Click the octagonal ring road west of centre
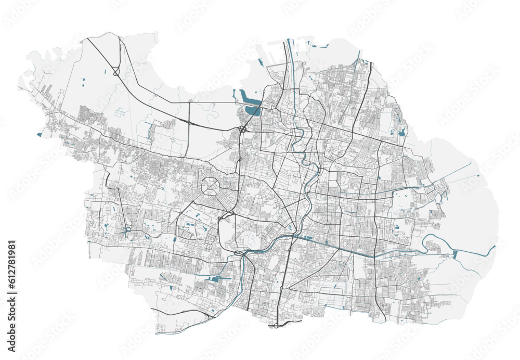coord(212,186)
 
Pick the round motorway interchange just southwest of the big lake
coord(242,129)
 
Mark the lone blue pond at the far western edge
coord(39,135)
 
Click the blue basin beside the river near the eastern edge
coord(456,254)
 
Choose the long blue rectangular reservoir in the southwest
coord(218,279)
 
